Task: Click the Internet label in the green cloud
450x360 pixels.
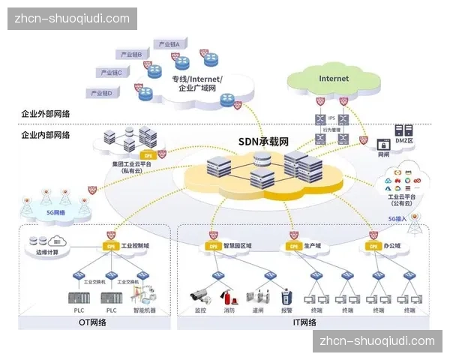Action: point(334,78)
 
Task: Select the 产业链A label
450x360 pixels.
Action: point(169,44)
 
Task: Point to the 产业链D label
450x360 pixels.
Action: point(101,94)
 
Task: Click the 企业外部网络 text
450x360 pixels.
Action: point(46,113)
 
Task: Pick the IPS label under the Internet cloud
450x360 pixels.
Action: point(331,118)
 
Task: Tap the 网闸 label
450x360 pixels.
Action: point(383,154)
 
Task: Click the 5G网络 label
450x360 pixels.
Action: point(55,213)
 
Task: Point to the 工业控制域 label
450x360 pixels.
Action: point(136,245)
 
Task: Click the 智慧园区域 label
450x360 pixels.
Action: point(238,245)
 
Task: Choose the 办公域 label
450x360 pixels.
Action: point(392,245)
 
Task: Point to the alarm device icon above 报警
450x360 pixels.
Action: point(286,293)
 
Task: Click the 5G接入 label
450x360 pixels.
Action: point(397,219)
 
